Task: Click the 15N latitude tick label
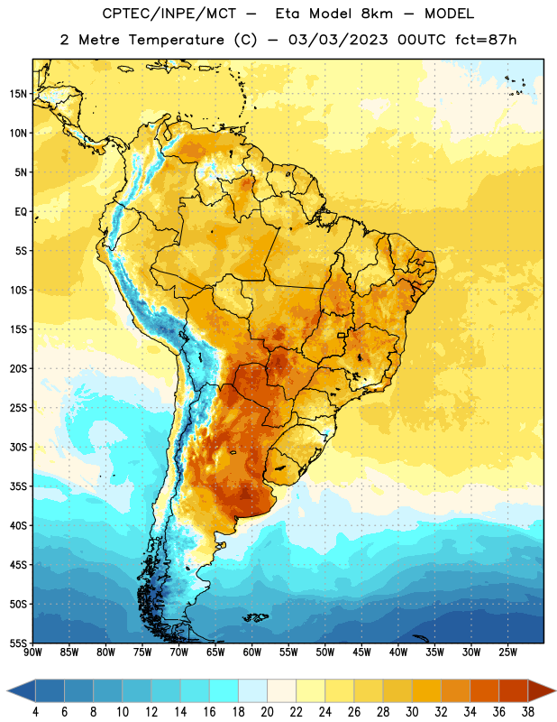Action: click(x=18, y=94)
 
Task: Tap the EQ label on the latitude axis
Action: click(x=21, y=212)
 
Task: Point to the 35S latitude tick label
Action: click(x=18, y=486)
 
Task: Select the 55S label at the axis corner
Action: click(x=18, y=643)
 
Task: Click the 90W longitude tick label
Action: click(x=32, y=653)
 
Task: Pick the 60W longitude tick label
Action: click(x=252, y=653)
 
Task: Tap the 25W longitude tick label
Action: click(x=507, y=653)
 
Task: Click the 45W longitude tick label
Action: click(x=361, y=653)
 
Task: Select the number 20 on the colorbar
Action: click(x=267, y=712)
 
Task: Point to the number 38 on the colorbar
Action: click(x=527, y=712)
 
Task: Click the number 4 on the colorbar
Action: click(x=35, y=712)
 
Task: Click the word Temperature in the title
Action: click(x=176, y=40)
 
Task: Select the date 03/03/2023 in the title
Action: click(x=338, y=40)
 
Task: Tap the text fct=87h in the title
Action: click(x=486, y=40)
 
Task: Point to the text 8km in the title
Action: click(x=377, y=14)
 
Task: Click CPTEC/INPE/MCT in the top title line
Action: click(x=169, y=14)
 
